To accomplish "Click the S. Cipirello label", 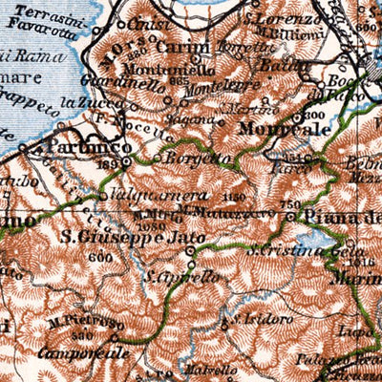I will tap(182, 275).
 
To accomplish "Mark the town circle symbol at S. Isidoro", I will tap(225, 325).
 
